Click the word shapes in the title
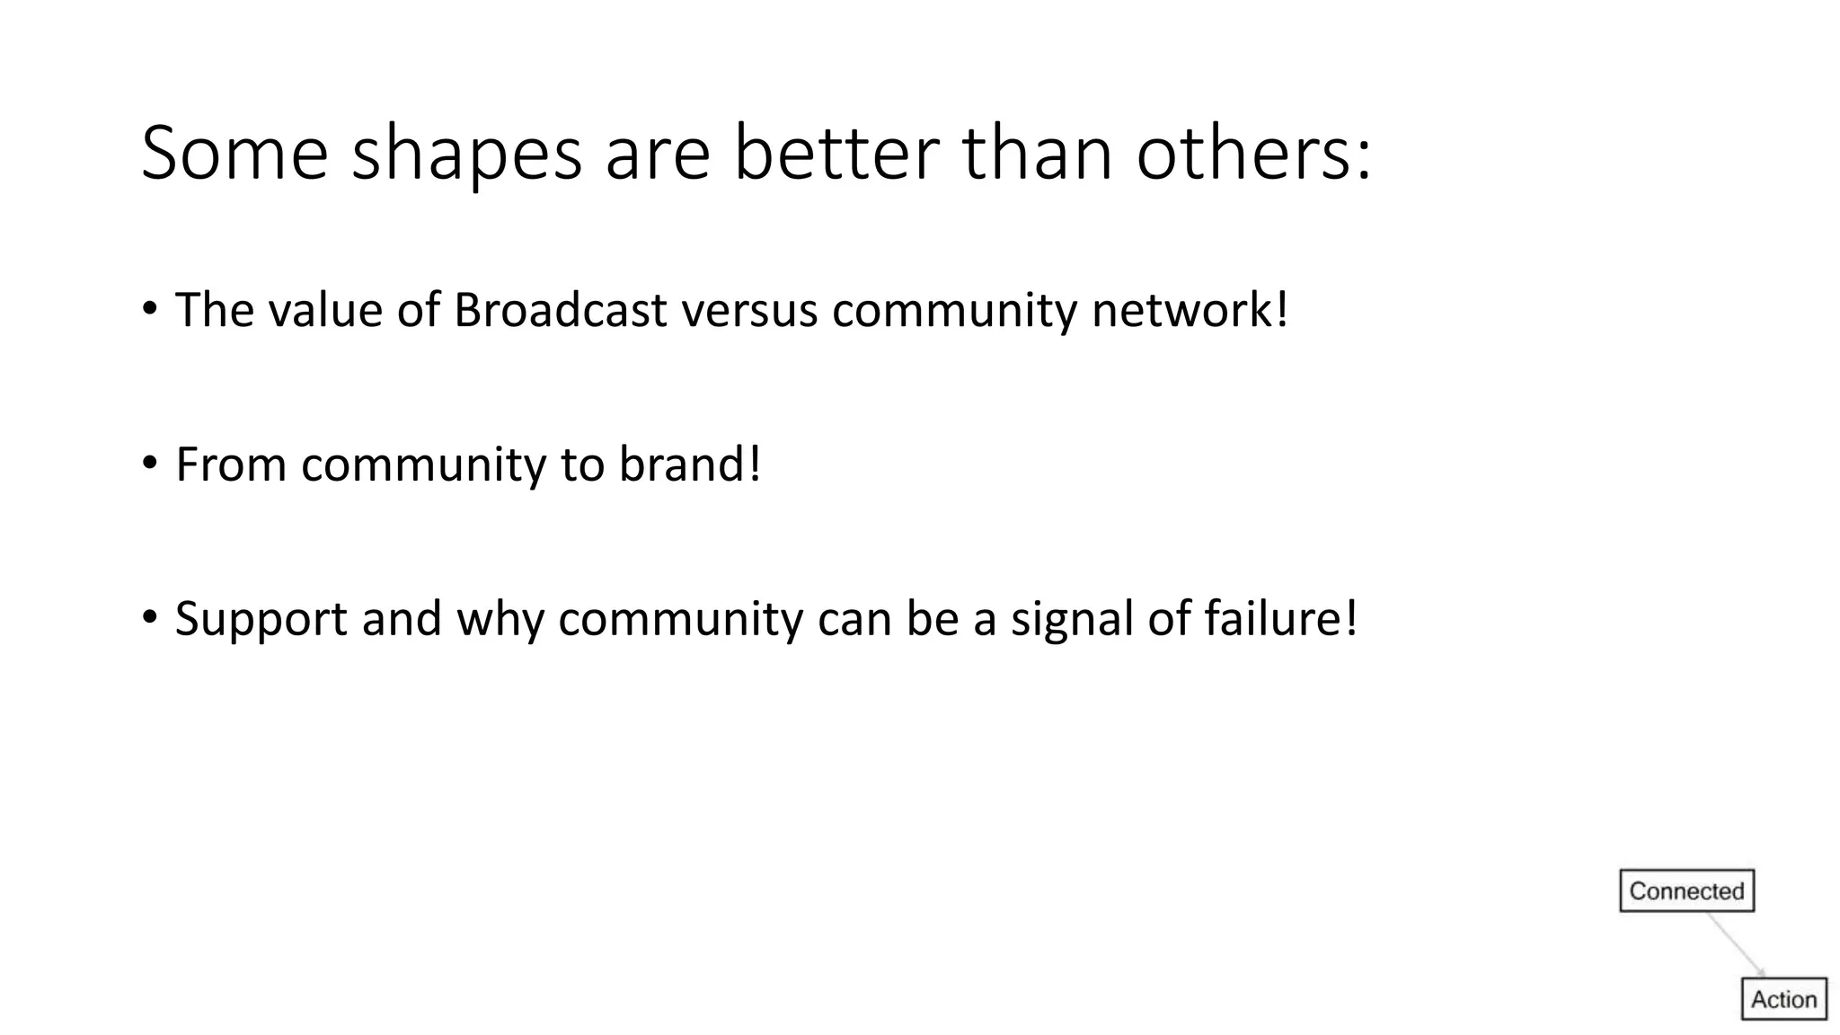466,155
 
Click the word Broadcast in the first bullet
560,310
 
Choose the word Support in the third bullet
261,620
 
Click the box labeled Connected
1686,890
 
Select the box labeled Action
1783,999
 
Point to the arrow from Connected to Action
1736,944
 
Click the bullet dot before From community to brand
150,464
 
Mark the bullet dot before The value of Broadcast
150,309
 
